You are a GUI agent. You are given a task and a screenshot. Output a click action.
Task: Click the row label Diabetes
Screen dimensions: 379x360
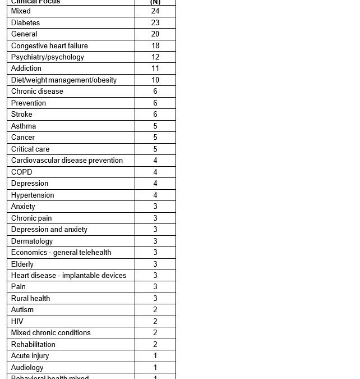pos(25,22)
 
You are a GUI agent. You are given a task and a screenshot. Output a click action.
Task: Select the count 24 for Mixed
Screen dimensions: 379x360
pos(155,11)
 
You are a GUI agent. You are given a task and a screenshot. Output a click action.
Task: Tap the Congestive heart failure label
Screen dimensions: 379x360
pos(49,45)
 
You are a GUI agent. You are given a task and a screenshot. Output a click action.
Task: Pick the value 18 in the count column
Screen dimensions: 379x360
pos(155,45)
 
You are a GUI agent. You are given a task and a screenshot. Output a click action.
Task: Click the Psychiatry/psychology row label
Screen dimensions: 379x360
pos(48,57)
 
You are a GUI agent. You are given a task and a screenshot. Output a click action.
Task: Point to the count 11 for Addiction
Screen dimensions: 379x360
pos(155,69)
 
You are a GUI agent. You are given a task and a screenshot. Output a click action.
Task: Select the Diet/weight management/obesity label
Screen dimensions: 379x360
pos(64,80)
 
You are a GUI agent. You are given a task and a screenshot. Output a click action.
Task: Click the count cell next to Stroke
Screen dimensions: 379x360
pos(155,115)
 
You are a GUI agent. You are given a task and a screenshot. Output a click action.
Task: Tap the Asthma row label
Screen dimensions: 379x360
pos(24,126)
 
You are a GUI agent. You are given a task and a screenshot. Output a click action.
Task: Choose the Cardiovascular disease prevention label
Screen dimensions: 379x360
pos(67,161)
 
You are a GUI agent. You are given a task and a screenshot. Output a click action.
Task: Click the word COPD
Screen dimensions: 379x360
pos(22,172)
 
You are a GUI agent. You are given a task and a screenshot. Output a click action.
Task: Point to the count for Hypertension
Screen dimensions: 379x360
pos(155,195)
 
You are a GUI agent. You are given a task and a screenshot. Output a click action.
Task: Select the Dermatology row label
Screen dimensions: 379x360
pos(32,241)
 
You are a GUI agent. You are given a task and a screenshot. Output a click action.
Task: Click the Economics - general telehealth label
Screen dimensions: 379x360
pos(61,253)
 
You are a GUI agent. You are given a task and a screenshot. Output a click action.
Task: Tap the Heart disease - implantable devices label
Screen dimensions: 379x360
pos(68,276)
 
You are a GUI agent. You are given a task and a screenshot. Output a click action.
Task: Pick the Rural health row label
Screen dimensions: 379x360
pos(30,298)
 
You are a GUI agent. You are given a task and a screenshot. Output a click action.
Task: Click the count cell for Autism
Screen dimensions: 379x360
pos(155,310)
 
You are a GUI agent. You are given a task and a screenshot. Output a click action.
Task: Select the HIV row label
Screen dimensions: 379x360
pos(17,321)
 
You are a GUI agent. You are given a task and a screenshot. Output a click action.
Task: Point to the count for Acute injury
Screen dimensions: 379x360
pos(155,356)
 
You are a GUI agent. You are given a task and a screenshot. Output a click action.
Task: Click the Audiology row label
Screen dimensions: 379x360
pos(27,367)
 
